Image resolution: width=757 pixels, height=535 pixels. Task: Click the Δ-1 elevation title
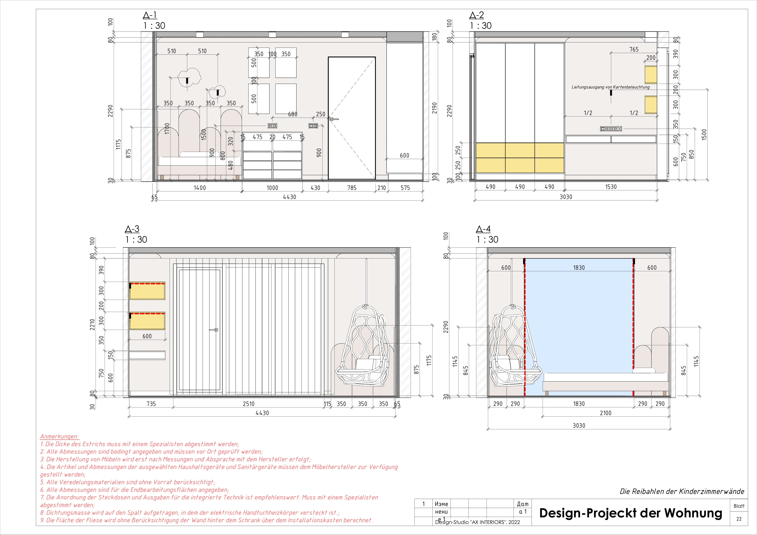150,15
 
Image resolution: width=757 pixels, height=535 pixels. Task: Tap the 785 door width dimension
352,188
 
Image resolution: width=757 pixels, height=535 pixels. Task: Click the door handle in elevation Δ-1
334,119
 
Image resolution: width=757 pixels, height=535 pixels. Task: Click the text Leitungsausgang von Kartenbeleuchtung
610,87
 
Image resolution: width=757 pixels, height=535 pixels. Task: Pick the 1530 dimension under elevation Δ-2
610,187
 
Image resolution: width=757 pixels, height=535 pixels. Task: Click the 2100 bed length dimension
605,413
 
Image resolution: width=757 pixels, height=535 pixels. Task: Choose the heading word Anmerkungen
59,436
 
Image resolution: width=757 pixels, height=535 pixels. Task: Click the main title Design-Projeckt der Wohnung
630,513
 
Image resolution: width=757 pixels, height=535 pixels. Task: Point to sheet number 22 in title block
739,519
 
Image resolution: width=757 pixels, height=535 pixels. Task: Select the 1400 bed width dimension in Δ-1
199,188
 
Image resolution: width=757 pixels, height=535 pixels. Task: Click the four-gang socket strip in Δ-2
611,129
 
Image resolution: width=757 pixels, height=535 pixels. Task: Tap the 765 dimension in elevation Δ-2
634,49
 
